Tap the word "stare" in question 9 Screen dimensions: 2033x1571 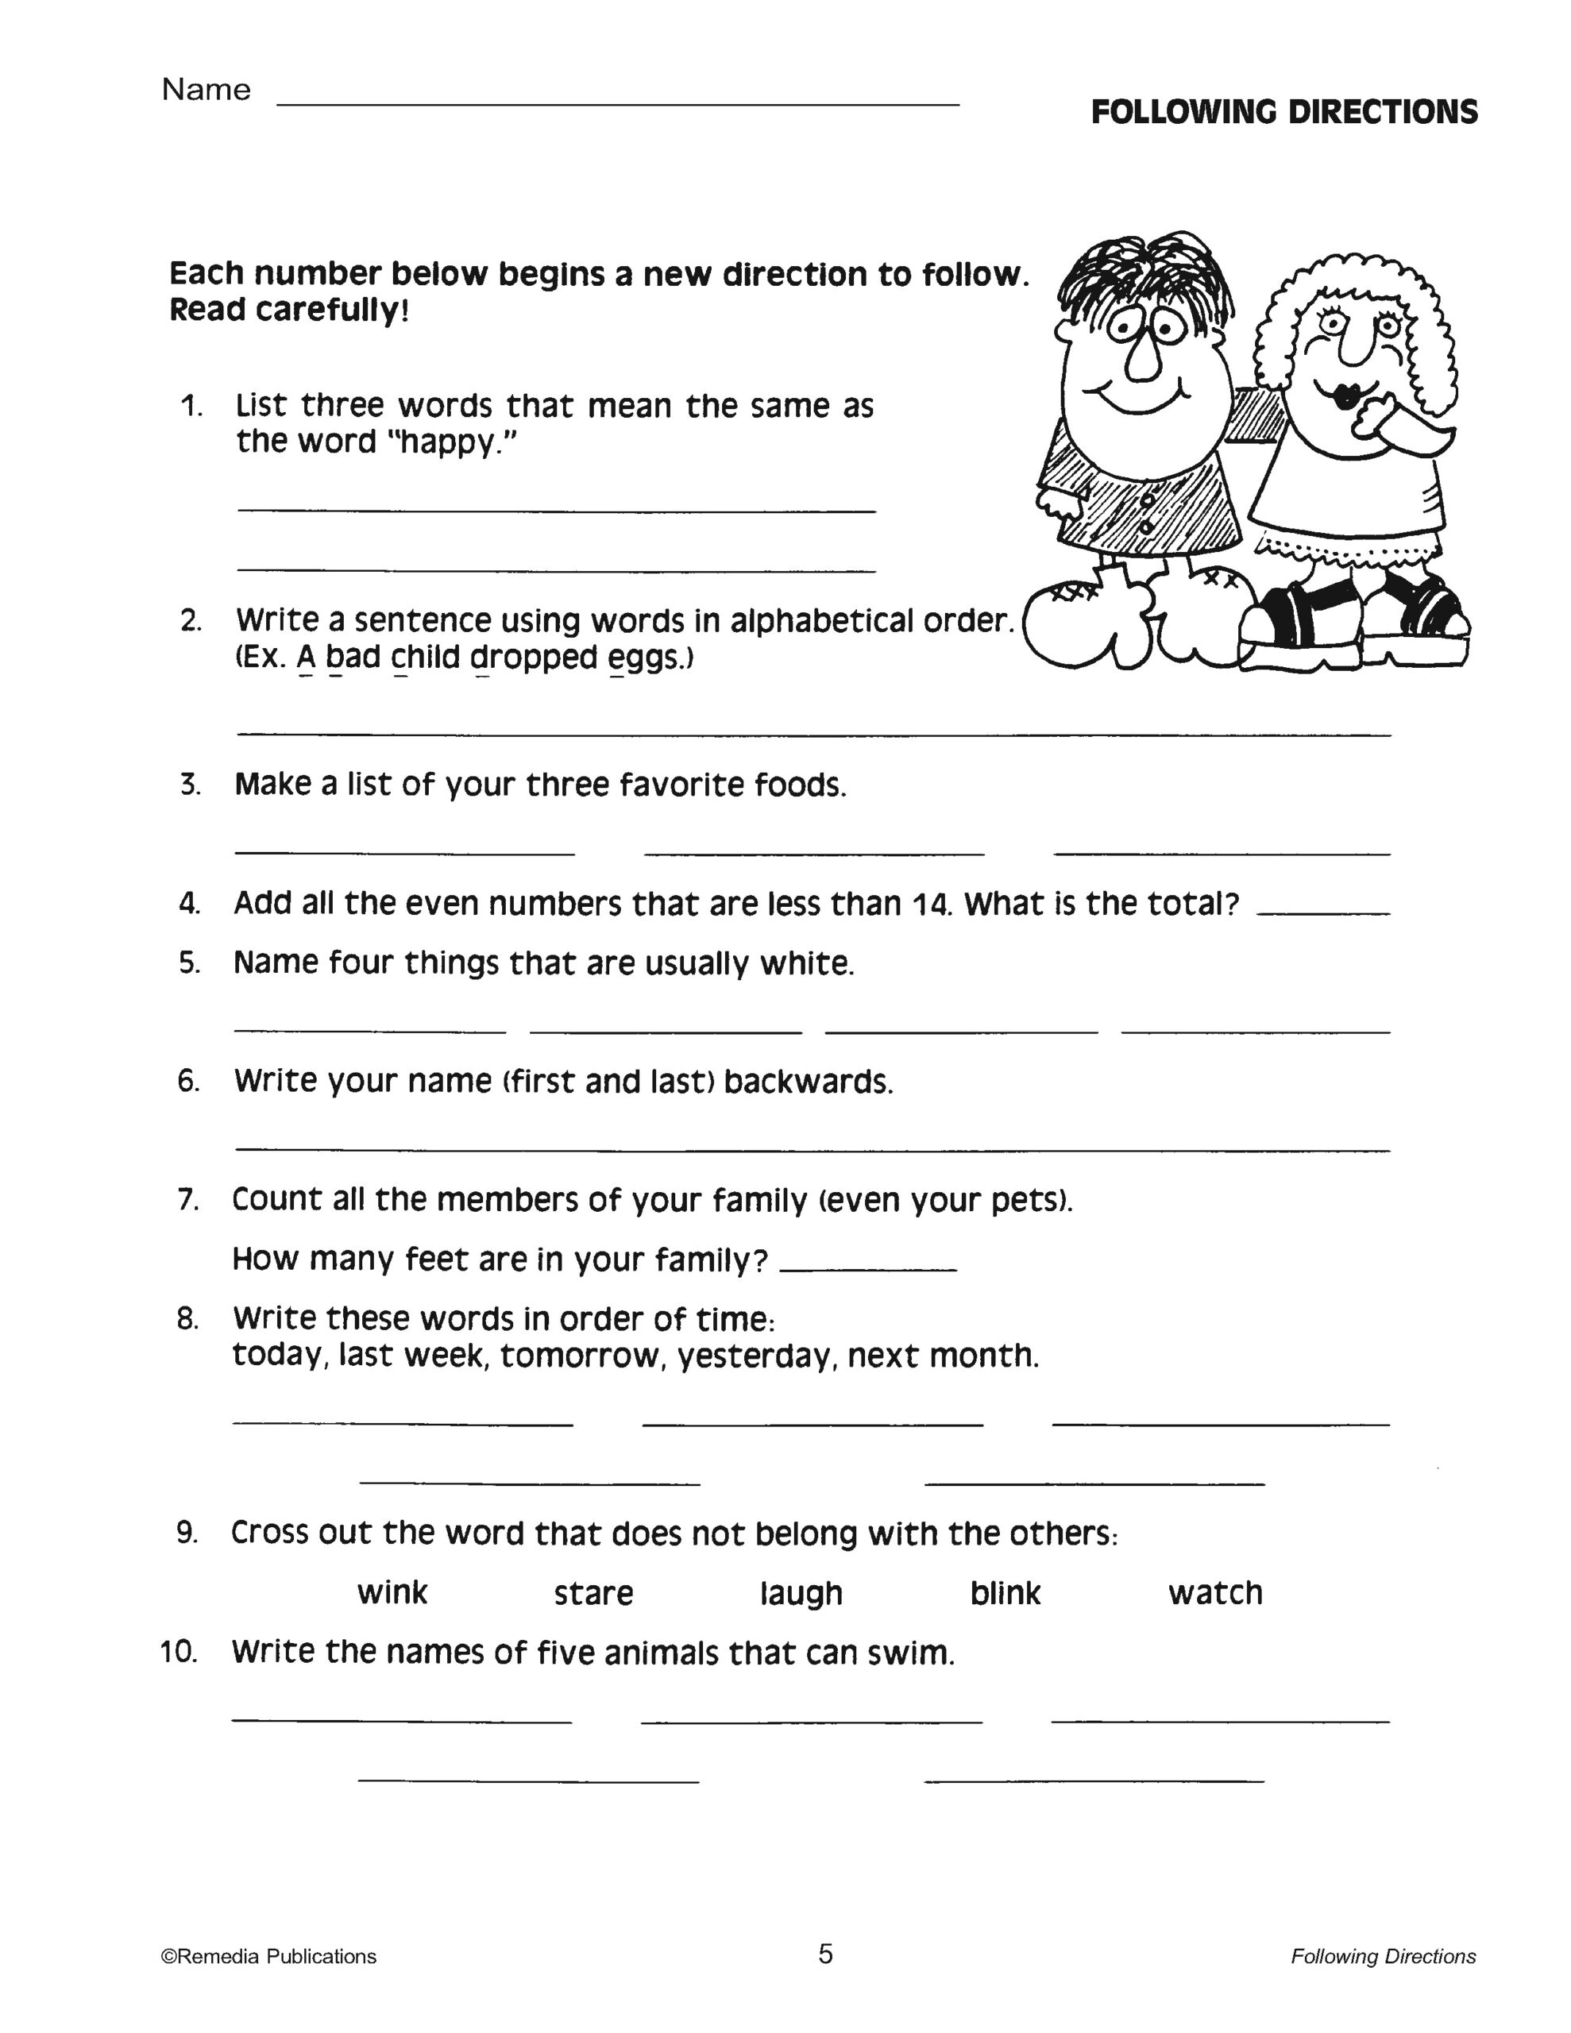pos(593,1593)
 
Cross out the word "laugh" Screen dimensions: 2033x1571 pos(801,1593)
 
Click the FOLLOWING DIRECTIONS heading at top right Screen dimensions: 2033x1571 pos(1284,113)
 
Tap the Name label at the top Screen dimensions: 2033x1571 pos(206,90)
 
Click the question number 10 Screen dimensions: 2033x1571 pos(179,1651)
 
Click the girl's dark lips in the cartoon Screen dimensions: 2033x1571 pos(1346,395)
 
